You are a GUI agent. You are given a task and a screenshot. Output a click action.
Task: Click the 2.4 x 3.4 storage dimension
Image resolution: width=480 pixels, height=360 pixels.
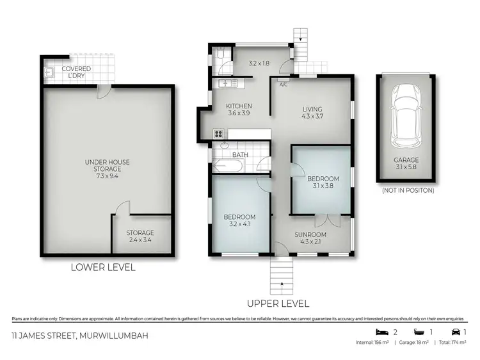140,240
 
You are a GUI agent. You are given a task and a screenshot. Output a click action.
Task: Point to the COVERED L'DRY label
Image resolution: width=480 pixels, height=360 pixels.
76,72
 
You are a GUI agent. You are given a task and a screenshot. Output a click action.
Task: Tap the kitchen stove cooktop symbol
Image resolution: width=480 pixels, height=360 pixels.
218,134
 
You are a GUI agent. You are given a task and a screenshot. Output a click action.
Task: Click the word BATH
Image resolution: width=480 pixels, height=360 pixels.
240,155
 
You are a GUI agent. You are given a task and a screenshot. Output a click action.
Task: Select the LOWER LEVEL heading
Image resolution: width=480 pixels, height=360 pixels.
103,267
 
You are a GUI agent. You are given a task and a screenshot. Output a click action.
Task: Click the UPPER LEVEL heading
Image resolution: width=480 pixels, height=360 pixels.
278,304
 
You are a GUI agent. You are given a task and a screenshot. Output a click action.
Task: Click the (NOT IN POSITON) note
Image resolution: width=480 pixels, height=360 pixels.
408,190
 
